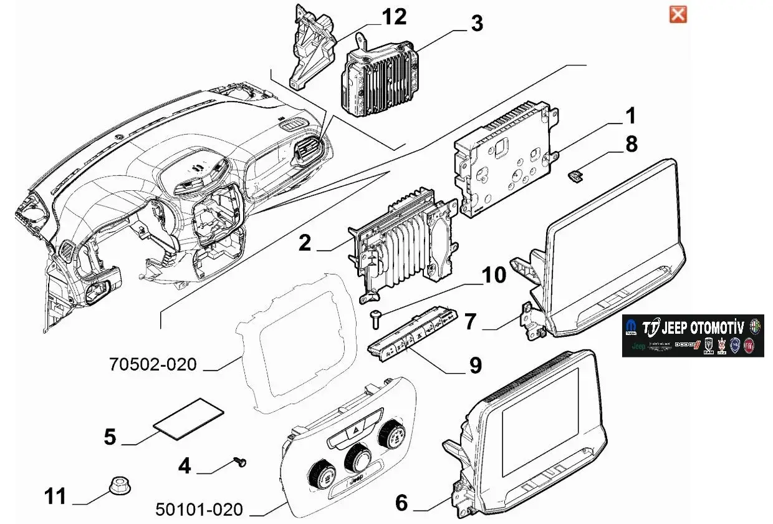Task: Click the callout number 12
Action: (x=394, y=17)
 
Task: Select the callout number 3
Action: (x=476, y=24)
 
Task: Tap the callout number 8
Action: (x=631, y=144)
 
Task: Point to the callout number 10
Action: (x=494, y=275)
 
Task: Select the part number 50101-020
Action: (x=199, y=510)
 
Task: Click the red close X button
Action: (x=678, y=14)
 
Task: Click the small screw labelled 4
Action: (x=240, y=461)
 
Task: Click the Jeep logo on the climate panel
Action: (x=357, y=482)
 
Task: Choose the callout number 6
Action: (x=401, y=502)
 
